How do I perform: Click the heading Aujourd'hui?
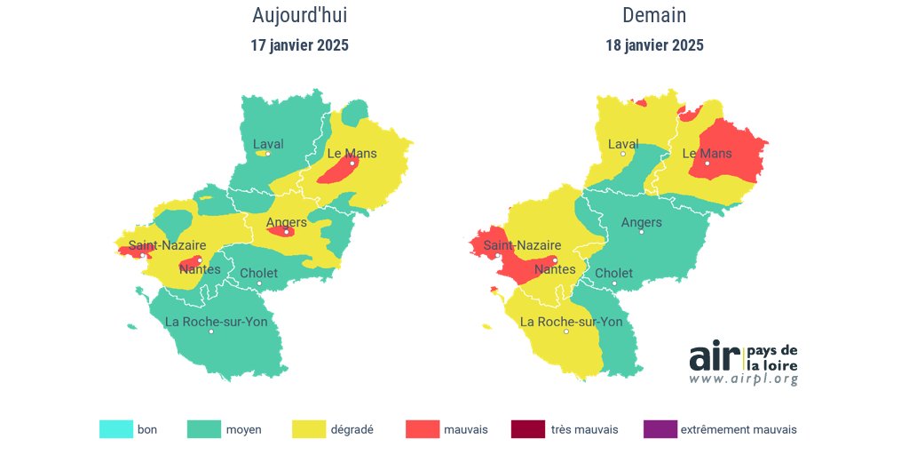294,15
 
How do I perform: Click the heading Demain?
654,15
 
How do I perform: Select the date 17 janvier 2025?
299,45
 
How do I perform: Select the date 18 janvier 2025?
654,45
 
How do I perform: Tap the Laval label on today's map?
268,143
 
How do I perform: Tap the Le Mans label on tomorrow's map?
707,153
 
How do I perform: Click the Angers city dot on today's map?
287,232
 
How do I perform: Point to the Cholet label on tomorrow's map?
613,273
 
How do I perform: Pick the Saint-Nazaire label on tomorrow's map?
522,245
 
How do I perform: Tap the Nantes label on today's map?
200,269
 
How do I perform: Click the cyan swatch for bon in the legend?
115,429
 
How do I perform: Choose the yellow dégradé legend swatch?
308,429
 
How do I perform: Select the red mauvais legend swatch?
422,429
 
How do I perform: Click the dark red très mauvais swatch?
527,429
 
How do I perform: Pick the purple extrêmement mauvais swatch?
660,429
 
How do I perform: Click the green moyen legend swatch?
203,429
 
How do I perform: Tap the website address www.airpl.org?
743,379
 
